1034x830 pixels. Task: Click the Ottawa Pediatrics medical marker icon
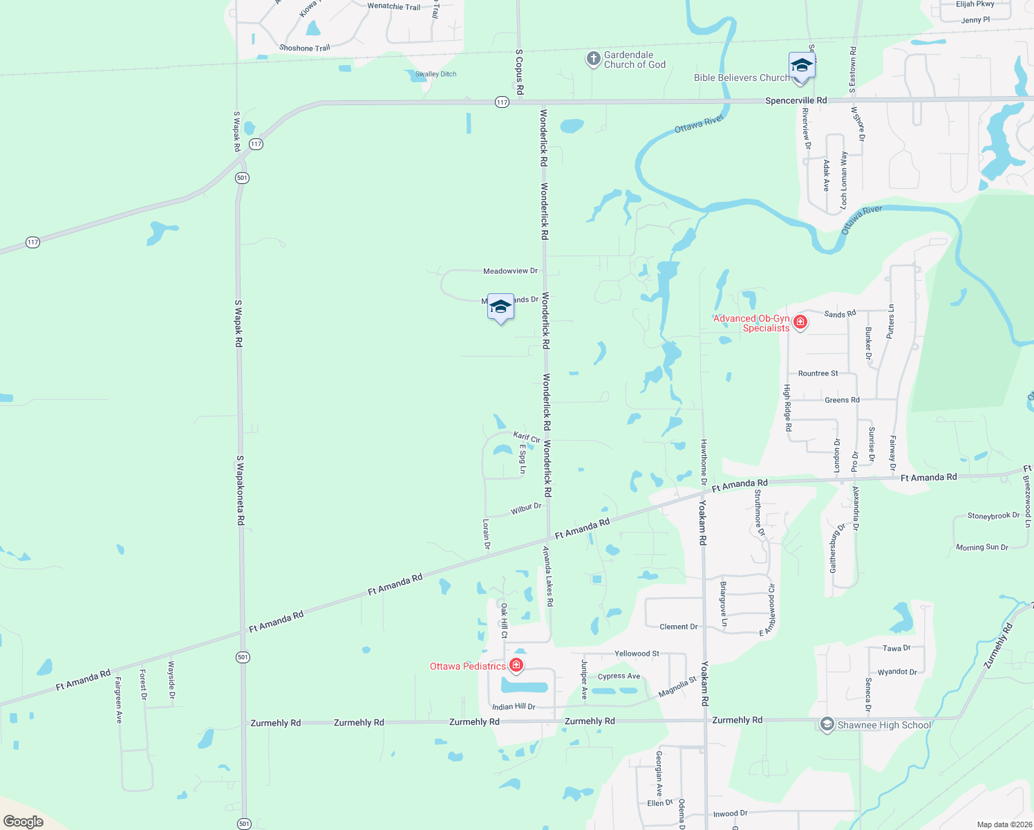(x=516, y=665)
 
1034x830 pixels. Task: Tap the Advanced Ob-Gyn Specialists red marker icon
(x=800, y=322)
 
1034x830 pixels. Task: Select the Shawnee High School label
(x=884, y=725)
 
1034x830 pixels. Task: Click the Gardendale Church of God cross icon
(x=593, y=59)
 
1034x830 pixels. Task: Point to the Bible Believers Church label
(x=742, y=77)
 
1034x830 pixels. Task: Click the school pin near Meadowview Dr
(x=500, y=307)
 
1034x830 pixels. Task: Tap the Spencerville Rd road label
(x=796, y=100)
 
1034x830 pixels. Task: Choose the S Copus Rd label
(x=520, y=72)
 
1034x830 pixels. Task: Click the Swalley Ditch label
(x=435, y=74)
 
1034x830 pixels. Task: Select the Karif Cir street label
(x=527, y=437)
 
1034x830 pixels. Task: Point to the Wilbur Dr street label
(x=526, y=508)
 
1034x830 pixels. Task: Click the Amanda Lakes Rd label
(x=547, y=576)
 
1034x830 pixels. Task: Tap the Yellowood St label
(x=637, y=654)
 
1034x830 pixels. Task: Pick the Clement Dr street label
(x=678, y=627)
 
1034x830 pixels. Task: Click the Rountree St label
(x=818, y=373)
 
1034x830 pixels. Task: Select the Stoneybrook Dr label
(x=993, y=516)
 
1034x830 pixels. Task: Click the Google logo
(x=23, y=822)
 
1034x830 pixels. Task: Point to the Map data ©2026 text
(x=1004, y=824)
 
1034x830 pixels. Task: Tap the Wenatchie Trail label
(x=393, y=6)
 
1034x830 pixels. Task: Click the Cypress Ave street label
(x=619, y=676)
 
